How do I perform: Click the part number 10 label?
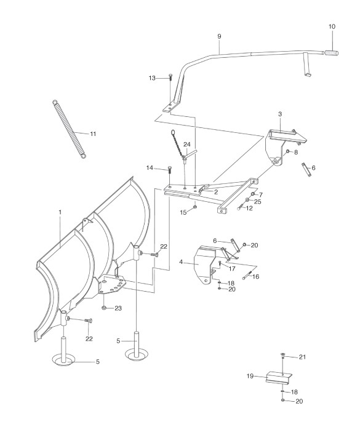[332, 26]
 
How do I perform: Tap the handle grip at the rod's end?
[331, 53]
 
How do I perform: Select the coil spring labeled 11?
[70, 129]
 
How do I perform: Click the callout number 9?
[219, 36]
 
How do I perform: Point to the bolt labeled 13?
[170, 78]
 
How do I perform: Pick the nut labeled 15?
[195, 207]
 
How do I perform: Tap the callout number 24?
[187, 144]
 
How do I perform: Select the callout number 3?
[280, 114]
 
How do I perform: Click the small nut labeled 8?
[287, 151]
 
